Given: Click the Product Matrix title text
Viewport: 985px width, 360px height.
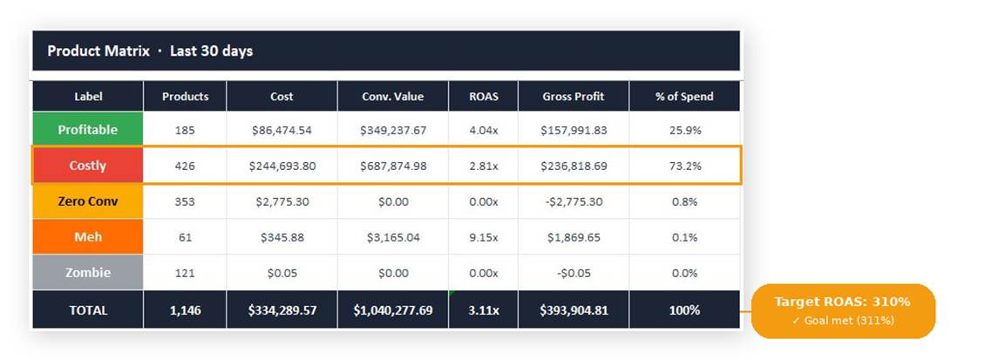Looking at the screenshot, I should [149, 51].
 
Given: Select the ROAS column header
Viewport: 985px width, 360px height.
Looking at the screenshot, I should [483, 97].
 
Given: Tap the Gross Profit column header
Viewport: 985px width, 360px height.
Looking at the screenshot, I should [573, 97].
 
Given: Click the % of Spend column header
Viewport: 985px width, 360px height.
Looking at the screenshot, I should [684, 97].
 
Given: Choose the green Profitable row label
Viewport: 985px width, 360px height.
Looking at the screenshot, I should [87, 130].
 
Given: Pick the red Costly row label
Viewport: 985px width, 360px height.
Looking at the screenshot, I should [87, 166].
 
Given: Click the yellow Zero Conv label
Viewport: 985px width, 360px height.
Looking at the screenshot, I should [87, 201].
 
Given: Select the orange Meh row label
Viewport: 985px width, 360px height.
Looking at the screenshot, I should [87, 237].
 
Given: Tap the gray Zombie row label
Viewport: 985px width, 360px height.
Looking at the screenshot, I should [87, 273].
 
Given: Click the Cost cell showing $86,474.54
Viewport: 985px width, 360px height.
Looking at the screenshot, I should [282, 131].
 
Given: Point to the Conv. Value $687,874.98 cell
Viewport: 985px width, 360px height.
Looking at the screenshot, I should [393, 166].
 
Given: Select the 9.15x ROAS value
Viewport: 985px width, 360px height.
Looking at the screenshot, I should [483, 237].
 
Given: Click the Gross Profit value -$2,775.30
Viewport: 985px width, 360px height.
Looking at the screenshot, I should [573, 201].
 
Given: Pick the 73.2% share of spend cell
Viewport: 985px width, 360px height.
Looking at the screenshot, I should [684, 166].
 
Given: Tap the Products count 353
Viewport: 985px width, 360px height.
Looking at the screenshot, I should [185, 201].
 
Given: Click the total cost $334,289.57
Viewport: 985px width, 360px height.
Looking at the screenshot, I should [282, 309].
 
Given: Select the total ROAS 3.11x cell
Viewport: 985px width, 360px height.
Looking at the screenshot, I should [483, 309].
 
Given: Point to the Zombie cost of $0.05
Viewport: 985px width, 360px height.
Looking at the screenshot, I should [282, 273].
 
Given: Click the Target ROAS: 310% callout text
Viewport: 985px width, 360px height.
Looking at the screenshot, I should [842, 302].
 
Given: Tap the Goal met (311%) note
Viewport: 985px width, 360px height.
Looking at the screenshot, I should [842, 321].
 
